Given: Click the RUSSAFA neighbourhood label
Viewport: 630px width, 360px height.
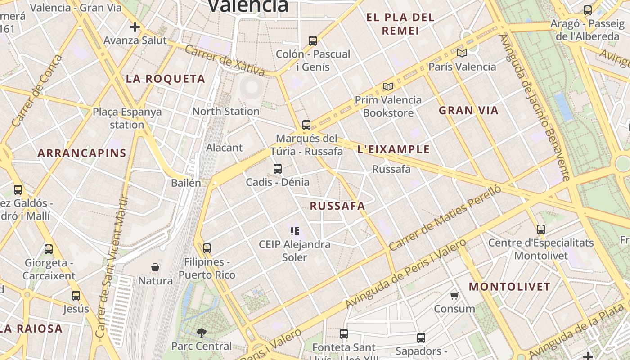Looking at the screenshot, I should pyautogui.click(x=337, y=206).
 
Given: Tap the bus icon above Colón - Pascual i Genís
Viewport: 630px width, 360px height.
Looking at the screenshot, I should pyautogui.click(x=313, y=41).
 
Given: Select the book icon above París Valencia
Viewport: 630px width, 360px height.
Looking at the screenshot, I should pyautogui.click(x=462, y=53).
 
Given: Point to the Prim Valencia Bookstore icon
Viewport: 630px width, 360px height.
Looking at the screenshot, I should pyautogui.click(x=388, y=86).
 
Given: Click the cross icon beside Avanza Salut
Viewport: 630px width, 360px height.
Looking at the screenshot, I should pyautogui.click(x=135, y=27).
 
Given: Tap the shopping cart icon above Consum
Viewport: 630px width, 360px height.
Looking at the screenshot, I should pyautogui.click(x=454, y=296).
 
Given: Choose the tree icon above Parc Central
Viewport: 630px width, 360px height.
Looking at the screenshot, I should pyautogui.click(x=202, y=333).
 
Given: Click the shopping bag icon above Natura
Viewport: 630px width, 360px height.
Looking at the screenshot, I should pyautogui.click(x=155, y=267).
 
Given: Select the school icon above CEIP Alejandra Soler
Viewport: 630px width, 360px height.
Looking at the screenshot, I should pyautogui.click(x=295, y=231).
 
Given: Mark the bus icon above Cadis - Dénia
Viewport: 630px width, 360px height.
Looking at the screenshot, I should pyautogui.click(x=278, y=169).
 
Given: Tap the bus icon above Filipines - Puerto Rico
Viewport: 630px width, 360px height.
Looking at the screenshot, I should pyautogui.click(x=207, y=248).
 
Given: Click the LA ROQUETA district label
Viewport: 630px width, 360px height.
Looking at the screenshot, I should pyautogui.click(x=166, y=79).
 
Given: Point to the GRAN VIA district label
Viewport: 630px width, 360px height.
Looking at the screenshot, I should pyautogui.click(x=469, y=111).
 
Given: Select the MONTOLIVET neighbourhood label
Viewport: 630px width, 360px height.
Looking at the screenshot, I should pyautogui.click(x=510, y=287).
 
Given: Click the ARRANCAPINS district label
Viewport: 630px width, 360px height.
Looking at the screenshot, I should pyautogui.click(x=82, y=153).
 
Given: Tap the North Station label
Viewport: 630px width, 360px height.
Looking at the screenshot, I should pyautogui.click(x=226, y=111).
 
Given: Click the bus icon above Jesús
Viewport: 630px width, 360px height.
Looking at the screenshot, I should pyautogui.click(x=76, y=296).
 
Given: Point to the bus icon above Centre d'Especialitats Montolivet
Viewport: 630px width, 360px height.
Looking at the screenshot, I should pyautogui.click(x=541, y=229).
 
